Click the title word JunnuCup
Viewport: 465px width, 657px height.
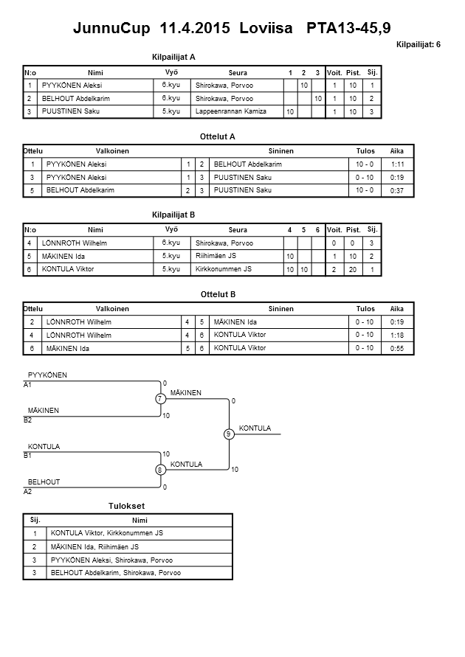coord(113,29)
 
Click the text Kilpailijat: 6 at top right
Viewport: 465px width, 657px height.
coord(418,45)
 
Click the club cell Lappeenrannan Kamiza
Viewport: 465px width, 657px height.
coord(230,111)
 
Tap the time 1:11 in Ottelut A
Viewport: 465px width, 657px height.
coord(397,164)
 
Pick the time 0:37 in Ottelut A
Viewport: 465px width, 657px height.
coord(397,191)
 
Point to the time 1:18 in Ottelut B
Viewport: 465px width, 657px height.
coord(397,335)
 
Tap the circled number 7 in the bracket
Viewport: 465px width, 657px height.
coord(159,399)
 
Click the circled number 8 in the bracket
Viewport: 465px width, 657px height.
coord(159,470)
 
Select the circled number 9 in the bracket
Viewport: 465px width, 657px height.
coord(229,434)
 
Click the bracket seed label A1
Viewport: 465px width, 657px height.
coord(28,385)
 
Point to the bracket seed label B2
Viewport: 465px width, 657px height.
coord(28,420)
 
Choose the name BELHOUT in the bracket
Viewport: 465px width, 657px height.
coord(44,482)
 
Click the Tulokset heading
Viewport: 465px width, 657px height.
coord(125,507)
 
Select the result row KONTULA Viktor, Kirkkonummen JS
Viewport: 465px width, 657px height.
coord(107,533)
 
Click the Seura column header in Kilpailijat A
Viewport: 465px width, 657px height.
coord(238,73)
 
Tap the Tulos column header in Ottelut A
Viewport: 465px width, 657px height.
coord(365,150)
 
